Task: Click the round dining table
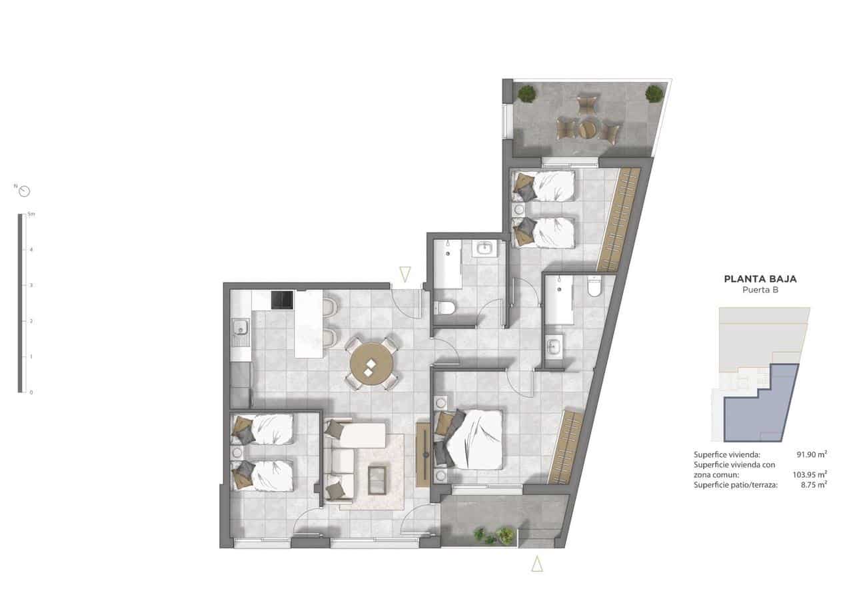(x=371, y=364)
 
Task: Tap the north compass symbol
(x=25, y=192)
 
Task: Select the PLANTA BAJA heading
(x=760, y=279)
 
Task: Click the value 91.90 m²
(x=812, y=454)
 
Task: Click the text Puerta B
(x=760, y=291)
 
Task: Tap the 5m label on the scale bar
(x=31, y=214)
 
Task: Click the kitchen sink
(x=240, y=327)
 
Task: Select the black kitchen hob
(x=282, y=300)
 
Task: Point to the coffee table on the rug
(x=377, y=480)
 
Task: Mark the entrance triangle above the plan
(x=405, y=273)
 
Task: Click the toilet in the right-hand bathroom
(x=595, y=287)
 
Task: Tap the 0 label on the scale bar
(x=31, y=392)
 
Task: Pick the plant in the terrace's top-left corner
(x=526, y=93)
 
